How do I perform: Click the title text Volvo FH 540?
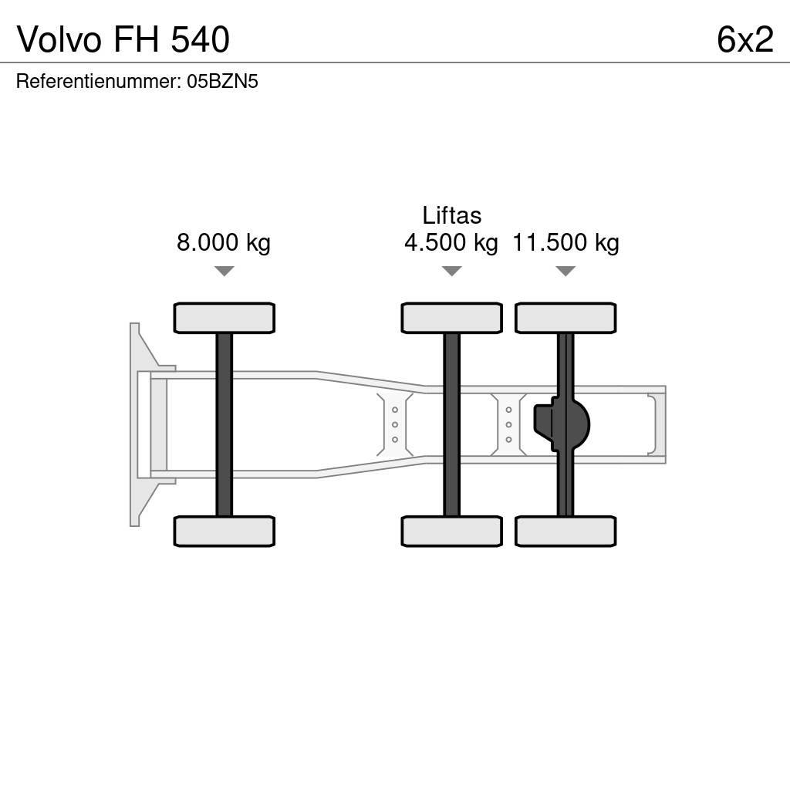(123, 39)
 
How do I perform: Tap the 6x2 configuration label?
(744, 39)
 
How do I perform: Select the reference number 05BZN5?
(222, 82)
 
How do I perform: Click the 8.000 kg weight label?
(224, 243)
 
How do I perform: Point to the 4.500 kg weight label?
(451, 243)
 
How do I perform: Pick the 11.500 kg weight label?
(565, 243)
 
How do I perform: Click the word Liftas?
(451, 215)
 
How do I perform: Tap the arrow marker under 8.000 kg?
(224, 271)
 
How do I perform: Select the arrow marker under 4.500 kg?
(451, 271)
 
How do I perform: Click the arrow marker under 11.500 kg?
(565, 271)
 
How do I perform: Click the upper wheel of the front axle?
(224, 318)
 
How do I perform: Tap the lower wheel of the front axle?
(224, 532)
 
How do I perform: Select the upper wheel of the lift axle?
(451, 318)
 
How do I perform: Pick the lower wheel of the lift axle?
(451, 532)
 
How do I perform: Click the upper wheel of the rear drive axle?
(565, 318)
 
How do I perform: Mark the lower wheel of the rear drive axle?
(565, 532)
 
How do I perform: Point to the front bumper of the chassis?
(136, 424)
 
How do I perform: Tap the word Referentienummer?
(97, 82)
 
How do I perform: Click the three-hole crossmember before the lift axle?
(395, 424)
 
